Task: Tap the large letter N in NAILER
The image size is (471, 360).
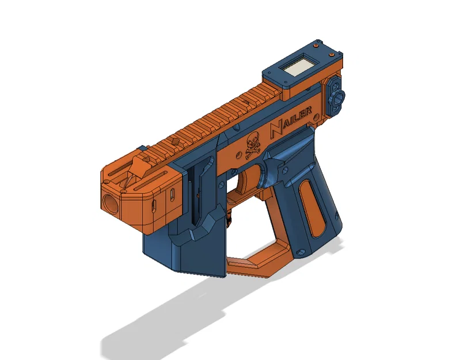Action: tap(276, 128)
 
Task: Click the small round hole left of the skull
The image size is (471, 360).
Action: tap(239, 155)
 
